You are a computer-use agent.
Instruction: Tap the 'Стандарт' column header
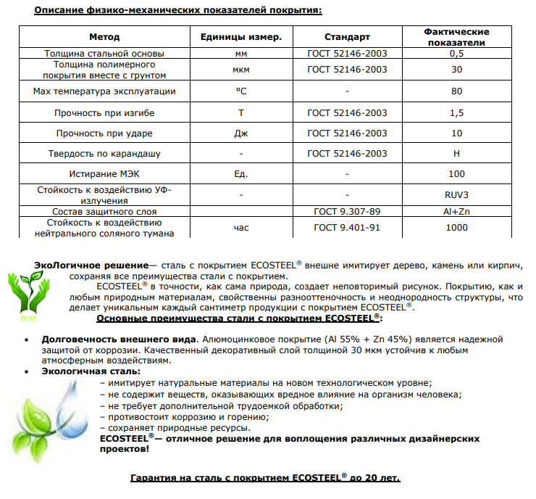coord(347,37)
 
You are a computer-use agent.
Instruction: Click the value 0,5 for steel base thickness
coord(456,54)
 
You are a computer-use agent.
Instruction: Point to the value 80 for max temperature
coord(456,91)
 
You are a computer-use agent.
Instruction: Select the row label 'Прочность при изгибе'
coord(104,113)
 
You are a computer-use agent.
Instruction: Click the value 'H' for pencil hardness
coord(456,154)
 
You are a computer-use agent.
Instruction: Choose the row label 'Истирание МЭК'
coord(104,175)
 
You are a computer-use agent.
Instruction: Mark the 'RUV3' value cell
coord(456,195)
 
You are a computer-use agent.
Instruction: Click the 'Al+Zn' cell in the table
coord(456,211)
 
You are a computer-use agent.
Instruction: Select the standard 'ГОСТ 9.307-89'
coord(347,211)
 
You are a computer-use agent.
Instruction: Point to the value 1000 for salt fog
coord(456,228)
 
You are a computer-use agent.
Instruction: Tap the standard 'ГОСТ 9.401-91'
coord(347,228)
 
